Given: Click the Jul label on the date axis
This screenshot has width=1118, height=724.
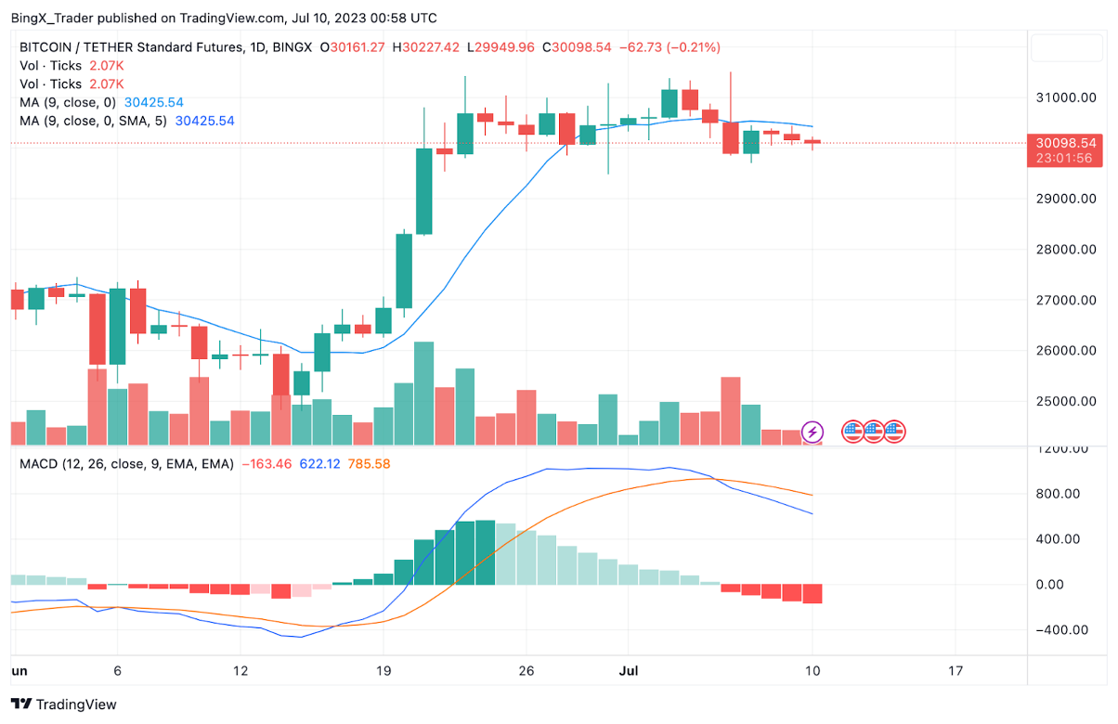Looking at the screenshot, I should [x=628, y=670].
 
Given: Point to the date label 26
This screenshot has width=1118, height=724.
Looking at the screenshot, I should [x=526, y=670].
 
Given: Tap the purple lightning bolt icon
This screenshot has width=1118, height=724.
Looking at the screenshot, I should [x=812, y=432].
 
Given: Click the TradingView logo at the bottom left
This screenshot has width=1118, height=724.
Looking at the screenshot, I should [x=64, y=705].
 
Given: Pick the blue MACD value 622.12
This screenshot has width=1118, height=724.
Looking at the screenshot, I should [x=318, y=463].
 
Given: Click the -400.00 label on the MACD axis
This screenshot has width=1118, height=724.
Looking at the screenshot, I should [x=1064, y=630].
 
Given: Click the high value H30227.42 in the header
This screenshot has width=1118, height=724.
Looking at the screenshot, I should [x=426, y=47].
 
